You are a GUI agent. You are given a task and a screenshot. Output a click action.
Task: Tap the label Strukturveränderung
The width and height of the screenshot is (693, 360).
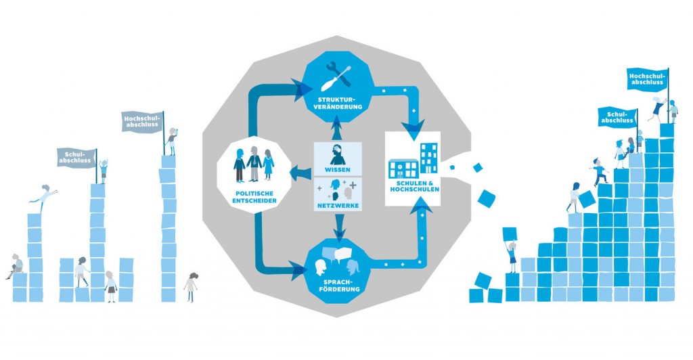click(338, 103)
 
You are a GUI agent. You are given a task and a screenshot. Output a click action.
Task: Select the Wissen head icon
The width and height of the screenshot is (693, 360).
click(338, 155)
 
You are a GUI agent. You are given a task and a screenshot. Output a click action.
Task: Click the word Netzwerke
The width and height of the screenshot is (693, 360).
click(338, 206)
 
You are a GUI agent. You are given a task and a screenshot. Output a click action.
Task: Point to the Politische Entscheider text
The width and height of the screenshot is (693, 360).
click(254, 197)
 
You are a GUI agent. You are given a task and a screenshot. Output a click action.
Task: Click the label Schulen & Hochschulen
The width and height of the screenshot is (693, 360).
click(415, 186)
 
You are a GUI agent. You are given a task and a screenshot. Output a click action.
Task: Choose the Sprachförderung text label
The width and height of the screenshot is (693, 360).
click(338, 286)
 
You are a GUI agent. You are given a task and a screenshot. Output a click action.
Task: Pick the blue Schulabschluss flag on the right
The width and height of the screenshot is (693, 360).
click(618, 117)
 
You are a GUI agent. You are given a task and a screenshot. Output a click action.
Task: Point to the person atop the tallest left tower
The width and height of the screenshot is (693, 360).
click(172, 141)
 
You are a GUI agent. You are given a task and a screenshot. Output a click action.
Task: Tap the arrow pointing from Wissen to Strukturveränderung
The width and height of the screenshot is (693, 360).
click(338, 127)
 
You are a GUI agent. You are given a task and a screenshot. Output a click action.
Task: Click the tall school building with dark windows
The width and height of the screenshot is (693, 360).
click(428, 158)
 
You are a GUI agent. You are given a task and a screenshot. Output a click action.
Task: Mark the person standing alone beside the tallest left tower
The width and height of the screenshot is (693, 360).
click(191, 287)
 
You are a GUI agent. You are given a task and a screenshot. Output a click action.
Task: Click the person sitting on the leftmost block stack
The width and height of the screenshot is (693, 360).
click(16, 266)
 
